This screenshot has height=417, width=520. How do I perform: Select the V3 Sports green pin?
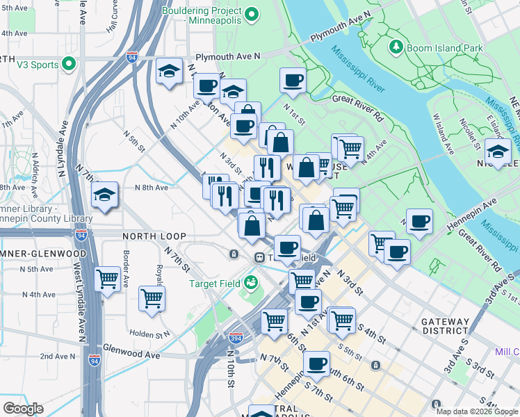point(68,65)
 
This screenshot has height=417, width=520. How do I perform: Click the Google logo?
point(23,409)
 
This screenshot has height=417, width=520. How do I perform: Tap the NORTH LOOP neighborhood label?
point(147,236)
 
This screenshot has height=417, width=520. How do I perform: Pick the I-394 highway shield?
point(236,338)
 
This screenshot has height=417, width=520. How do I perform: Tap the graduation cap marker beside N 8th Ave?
point(104,194)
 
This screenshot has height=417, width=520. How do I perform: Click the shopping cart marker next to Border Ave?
point(107,279)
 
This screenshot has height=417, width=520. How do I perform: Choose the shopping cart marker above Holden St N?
point(152,299)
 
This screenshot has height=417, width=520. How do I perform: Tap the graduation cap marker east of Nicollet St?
point(498,150)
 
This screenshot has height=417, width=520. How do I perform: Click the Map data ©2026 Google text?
point(477,411)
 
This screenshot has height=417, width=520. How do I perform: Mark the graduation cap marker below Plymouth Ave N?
point(168,72)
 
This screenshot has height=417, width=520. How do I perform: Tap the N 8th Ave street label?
point(152,188)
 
